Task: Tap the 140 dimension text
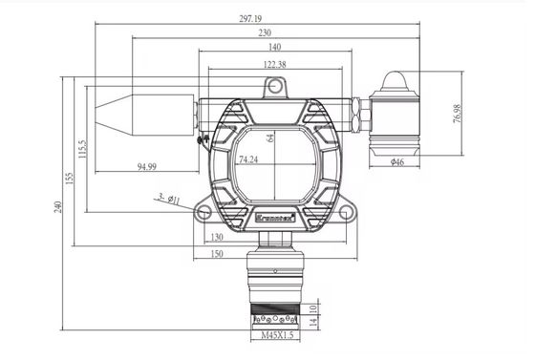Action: pos(274,48)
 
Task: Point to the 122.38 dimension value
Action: pos(273,64)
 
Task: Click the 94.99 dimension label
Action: pos(146,167)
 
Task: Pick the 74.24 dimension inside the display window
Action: pos(248,159)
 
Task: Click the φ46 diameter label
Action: pos(398,163)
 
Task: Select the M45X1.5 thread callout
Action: pos(277,337)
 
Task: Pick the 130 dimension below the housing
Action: pos(217,237)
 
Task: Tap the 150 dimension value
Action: pos(217,253)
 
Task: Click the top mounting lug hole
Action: pos(275,88)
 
